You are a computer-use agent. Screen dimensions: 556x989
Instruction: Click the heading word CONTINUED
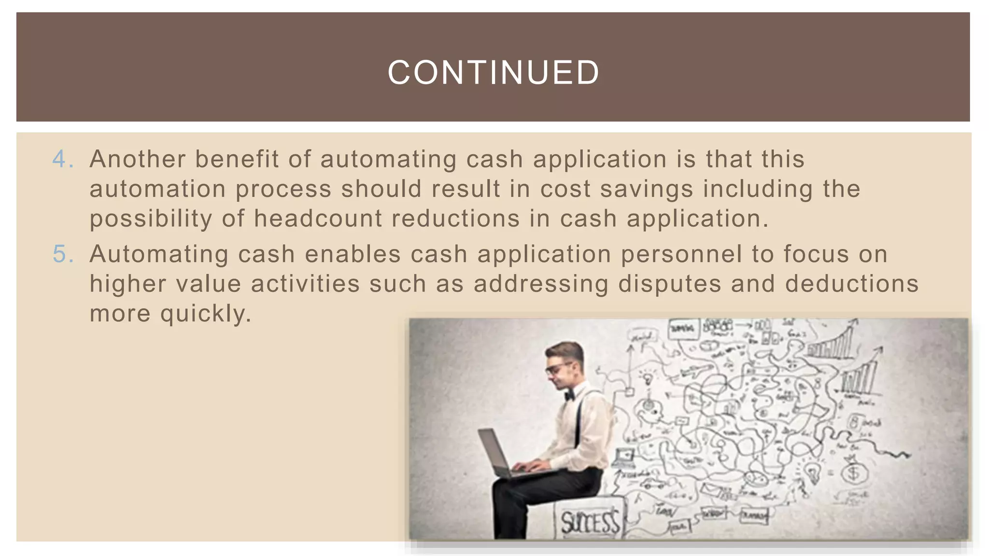click(494, 72)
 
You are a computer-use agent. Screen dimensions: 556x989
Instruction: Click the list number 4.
click(60, 159)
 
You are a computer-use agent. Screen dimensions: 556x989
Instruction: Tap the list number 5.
click(60, 254)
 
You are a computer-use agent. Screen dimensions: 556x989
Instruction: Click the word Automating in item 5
click(159, 254)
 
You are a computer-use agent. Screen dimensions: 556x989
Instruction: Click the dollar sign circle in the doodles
click(854, 473)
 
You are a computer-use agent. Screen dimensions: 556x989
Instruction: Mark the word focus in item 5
click(816, 254)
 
